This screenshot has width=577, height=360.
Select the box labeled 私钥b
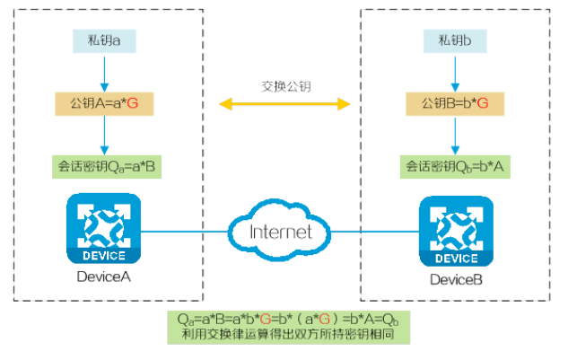[456, 40]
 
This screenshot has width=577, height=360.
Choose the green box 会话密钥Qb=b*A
[456, 166]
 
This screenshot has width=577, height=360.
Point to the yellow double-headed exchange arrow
[285, 105]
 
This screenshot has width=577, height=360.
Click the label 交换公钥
[285, 86]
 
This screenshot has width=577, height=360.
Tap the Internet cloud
[281, 232]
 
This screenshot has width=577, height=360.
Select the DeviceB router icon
[456, 233]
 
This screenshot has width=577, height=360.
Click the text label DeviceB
[456, 280]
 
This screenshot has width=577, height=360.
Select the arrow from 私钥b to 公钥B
[456, 71]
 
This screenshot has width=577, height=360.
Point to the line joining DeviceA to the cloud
[184, 231]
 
